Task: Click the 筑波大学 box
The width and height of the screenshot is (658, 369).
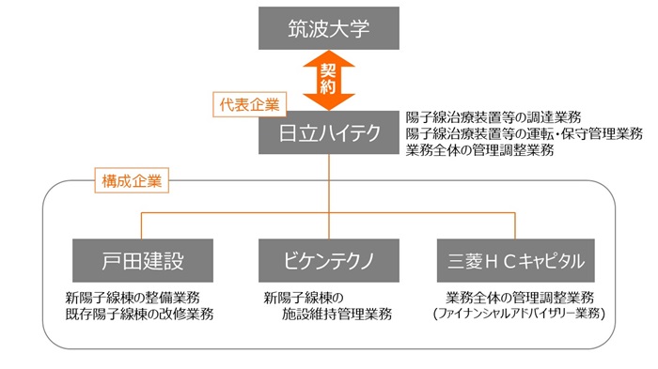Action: [x=328, y=29]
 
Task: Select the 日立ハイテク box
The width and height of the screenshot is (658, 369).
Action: [x=328, y=133]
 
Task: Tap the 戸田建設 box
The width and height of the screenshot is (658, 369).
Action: [x=141, y=259]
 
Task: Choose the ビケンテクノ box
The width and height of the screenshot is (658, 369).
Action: [x=328, y=259]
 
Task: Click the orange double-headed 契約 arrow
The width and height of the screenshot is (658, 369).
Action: [x=328, y=81]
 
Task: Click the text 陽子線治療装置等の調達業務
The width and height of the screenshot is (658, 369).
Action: [x=493, y=117]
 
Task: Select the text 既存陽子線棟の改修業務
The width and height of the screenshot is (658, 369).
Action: [x=139, y=314]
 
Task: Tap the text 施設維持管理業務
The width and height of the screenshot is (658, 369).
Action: [x=337, y=314]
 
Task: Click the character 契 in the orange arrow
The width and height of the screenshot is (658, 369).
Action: [x=328, y=70]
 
